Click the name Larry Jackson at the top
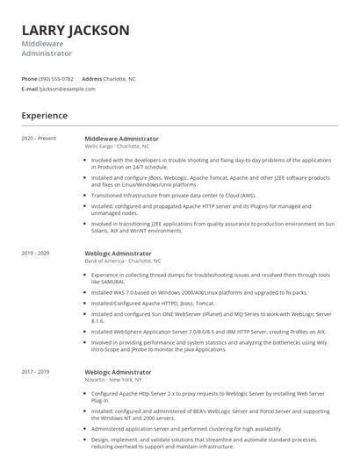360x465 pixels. [76, 31]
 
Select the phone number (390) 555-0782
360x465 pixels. [57, 79]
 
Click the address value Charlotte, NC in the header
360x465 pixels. [120, 79]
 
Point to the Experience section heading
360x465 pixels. [45, 115]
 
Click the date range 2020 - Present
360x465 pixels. [39, 139]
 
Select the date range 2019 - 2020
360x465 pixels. [36, 254]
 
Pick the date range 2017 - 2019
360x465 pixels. [36, 372]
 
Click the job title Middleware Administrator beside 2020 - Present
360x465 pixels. [122, 139]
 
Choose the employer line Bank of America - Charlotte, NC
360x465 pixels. [123, 261]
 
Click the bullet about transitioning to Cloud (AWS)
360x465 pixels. [173, 196]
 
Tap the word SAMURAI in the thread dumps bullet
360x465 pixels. [109, 281]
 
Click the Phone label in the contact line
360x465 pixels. [30, 79]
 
